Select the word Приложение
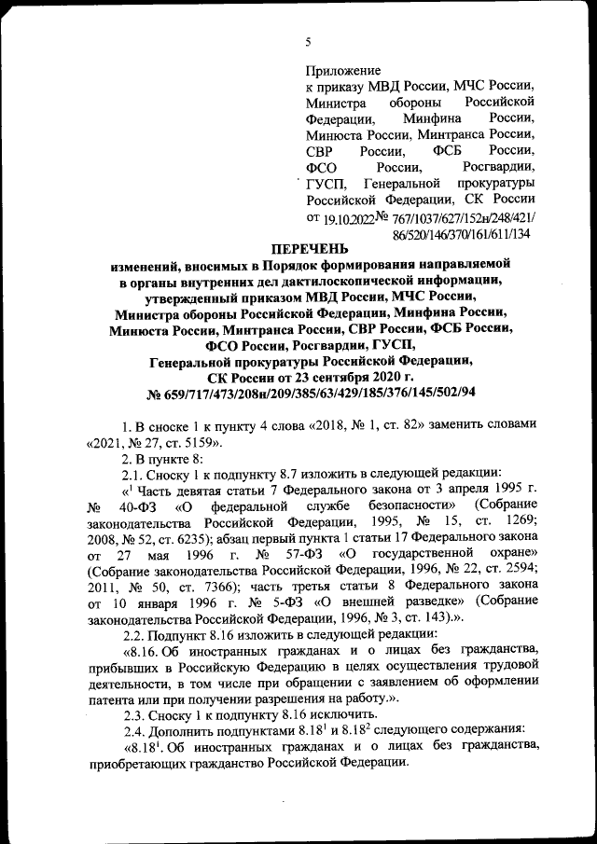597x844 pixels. click(x=343, y=70)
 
